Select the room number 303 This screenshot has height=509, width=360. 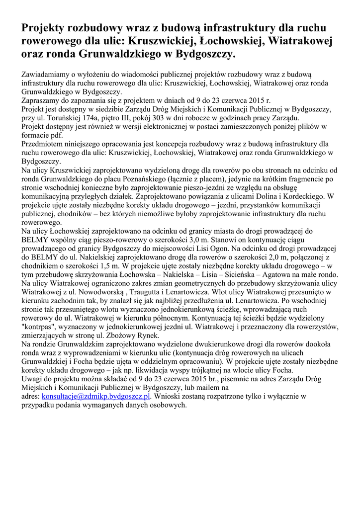pyautogui.click(x=158, y=118)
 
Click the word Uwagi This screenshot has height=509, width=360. pyautogui.click(x=33, y=379)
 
